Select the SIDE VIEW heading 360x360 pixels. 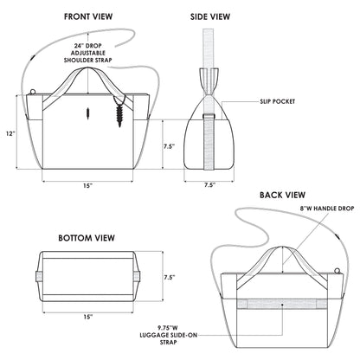pos(209,16)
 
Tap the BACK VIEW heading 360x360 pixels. pos(282,195)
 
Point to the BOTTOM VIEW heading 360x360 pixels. pos(87,236)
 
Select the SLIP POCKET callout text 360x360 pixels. pos(276,101)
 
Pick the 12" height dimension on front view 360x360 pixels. pos(10,133)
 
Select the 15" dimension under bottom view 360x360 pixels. pos(87,317)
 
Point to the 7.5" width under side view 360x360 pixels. pos(209,184)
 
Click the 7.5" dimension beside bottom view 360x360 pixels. pos(170,277)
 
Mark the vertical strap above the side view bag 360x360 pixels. pos(209,48)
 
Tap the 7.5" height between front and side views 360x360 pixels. pos(170,147)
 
